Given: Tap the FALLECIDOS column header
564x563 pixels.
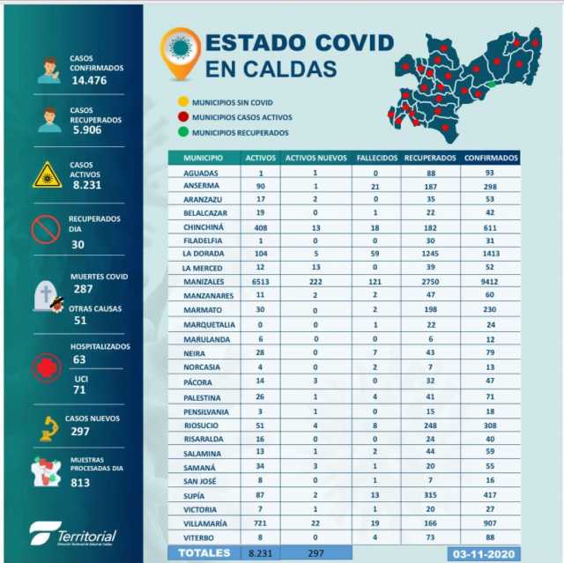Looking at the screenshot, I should coord(376,158).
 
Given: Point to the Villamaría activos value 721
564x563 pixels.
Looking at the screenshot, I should coord(261,522).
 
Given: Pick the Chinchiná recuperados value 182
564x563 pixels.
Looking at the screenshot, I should coord(429,226).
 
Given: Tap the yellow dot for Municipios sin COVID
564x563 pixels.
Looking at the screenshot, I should coord(182,101).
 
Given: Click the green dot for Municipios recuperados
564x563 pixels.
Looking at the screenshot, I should coord(182,132).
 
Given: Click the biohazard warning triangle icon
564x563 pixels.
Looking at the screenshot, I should coord(47,175).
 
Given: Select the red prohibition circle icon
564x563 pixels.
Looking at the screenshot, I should coord(46,229).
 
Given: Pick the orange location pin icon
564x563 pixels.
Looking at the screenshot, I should coord(180,53).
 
